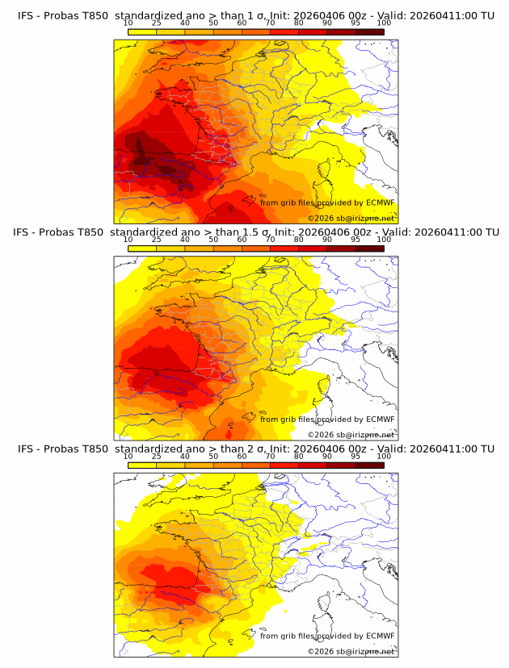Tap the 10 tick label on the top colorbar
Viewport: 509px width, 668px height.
(x=128, y=23)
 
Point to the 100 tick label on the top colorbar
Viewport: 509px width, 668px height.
(x=385, y=23)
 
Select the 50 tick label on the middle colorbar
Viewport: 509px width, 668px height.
(x=213, y=240)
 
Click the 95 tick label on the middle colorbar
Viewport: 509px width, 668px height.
(x=355, y=240)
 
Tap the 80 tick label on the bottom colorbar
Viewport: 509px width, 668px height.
(x=299, y=456)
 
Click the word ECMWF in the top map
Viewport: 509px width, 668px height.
(x=380, y=203)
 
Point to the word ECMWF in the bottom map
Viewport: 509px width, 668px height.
(x=380, y=636)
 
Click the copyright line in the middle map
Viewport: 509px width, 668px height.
(x=351, y=435)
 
